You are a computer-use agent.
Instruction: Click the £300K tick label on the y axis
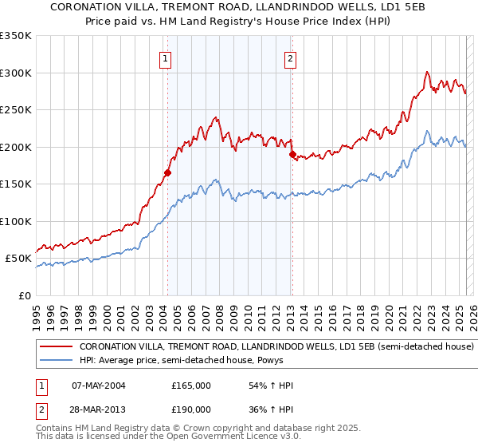[x=16, y=73]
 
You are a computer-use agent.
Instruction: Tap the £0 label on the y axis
[x=24, y=295]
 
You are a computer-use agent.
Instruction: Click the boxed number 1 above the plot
[x=165, y=57]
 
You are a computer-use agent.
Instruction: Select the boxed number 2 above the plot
[x=290, y=57]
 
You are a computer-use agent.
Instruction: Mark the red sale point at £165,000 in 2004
[x=168, y=172]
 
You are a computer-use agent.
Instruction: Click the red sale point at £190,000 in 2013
[x=292, y=154]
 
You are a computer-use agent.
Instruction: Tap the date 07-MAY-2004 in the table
[x=98, y=386]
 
